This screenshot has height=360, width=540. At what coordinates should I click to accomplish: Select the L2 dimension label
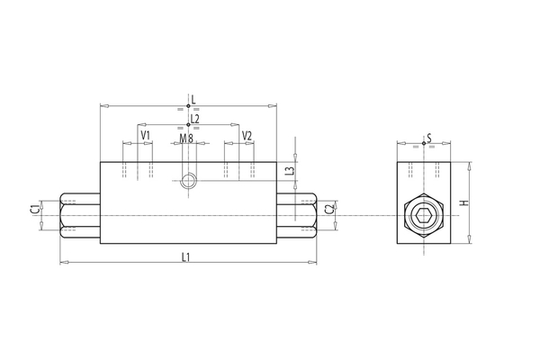click(x=194, y=118)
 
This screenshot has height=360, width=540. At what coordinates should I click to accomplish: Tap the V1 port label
click(x=145, y=136)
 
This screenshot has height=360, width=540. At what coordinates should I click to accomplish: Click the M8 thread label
click(x=186, y=139)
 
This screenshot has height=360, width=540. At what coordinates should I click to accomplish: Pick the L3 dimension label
click(x=289, y=171)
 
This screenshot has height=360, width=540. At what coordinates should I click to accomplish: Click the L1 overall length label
click(x=186, y=257)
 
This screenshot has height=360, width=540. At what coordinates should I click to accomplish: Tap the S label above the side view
click(x=430, y=138)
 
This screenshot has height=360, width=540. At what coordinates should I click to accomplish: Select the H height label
click(x=464, y=203)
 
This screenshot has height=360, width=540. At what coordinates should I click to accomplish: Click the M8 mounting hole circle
click(x=187, y=181)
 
